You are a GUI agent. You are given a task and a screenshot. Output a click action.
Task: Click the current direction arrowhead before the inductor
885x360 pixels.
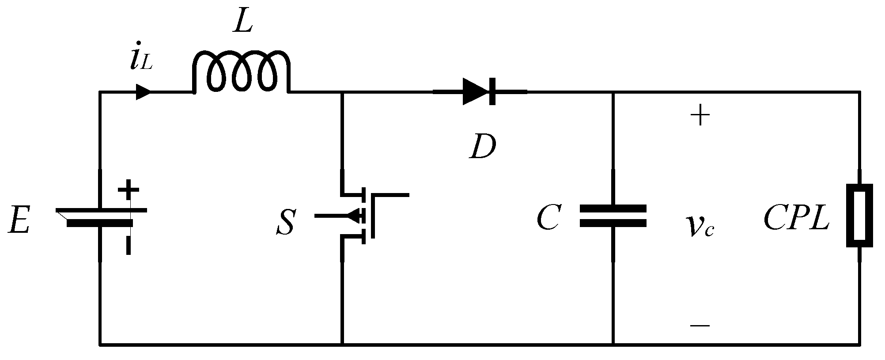(143, 92)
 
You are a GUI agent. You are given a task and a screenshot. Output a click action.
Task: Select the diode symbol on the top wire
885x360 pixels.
(479, 92)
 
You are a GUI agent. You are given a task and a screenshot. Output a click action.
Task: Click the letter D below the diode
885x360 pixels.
(482, 147)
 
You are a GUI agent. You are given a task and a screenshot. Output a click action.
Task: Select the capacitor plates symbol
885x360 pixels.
(613, 216)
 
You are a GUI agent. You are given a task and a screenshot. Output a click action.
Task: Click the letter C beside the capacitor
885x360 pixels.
(549, 218)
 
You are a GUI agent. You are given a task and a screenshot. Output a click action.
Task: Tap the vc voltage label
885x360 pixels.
(700, 227)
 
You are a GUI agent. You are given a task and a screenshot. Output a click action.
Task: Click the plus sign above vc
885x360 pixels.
(700, 117)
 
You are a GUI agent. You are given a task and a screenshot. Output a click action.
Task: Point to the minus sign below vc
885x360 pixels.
(700, 326)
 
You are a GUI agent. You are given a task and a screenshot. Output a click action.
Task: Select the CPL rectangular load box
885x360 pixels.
(859, 215)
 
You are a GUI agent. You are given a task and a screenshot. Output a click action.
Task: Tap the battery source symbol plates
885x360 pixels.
(101, 217)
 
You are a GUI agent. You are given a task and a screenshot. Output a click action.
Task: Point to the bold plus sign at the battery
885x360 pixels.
(129, 189)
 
